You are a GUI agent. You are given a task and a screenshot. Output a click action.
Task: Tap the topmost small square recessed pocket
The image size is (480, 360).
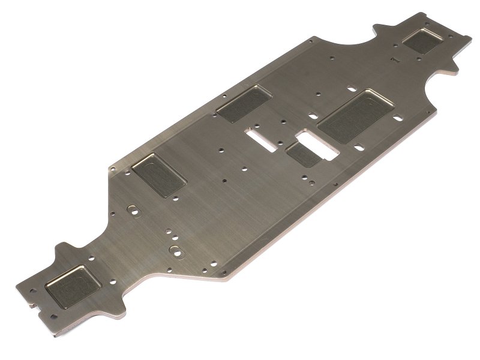tap(421, 41)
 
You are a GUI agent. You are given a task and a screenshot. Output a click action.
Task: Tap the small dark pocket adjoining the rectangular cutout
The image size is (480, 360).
tap(303, 155)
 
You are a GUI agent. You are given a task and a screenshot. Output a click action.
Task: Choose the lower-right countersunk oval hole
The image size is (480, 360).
tap(175, 248)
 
